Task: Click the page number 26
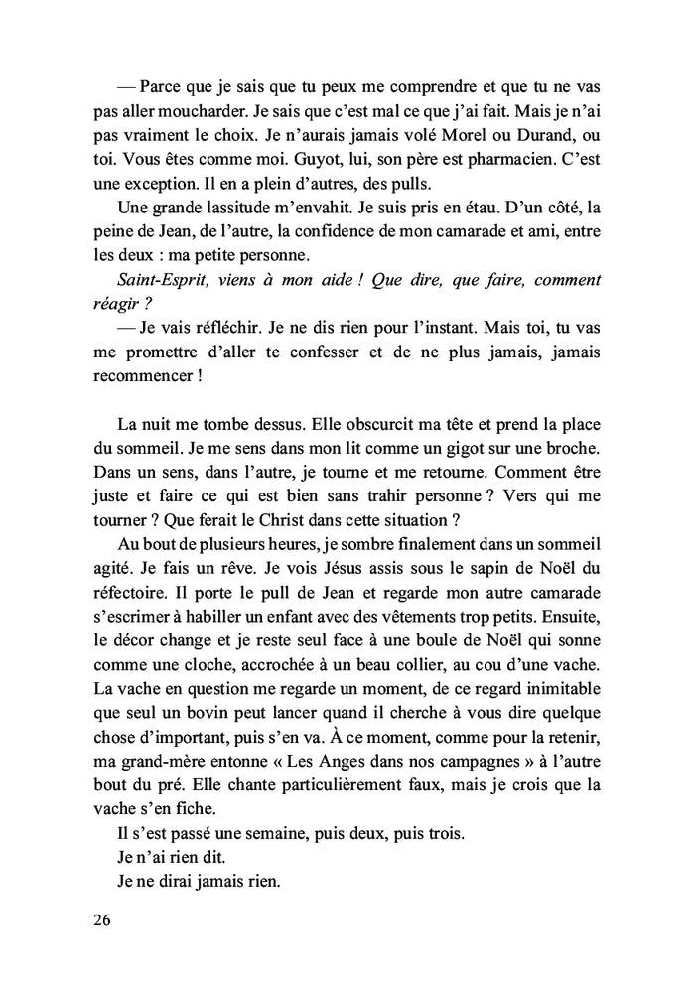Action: point(99,920)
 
